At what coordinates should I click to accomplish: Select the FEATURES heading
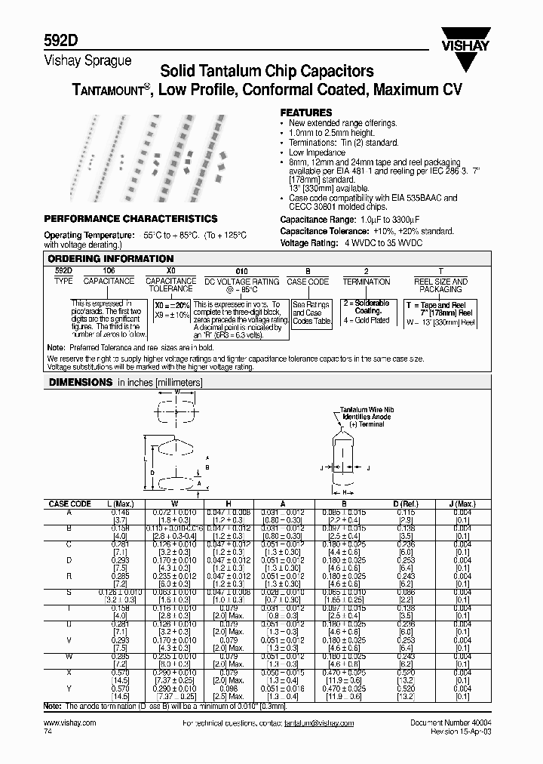[305, 112]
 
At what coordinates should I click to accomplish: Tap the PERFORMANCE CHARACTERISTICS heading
[131, 219]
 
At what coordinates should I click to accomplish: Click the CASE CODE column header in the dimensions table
[70, 504]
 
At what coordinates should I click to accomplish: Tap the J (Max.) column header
[462, 504]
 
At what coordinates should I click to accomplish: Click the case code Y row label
[69, 689]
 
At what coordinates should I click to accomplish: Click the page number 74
[49, 732]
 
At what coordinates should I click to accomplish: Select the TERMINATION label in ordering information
[367, 282]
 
